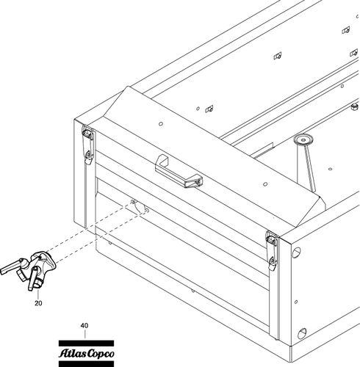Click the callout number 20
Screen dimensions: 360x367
38,303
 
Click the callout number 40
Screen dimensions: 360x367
84,326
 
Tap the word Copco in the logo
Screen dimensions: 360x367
101,355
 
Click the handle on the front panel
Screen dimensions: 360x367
179,171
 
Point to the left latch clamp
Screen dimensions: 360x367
87,145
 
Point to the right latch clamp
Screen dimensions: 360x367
272,250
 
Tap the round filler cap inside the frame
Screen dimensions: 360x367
303,140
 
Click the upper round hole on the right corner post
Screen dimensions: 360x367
296,253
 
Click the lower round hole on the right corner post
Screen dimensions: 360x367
302,333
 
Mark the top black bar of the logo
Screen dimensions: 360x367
86,343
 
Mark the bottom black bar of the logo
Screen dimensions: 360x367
86,364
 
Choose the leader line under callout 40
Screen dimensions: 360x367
84,334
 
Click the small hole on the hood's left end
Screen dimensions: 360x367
161,124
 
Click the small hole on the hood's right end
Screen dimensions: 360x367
264,184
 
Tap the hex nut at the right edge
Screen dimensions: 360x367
354,107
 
